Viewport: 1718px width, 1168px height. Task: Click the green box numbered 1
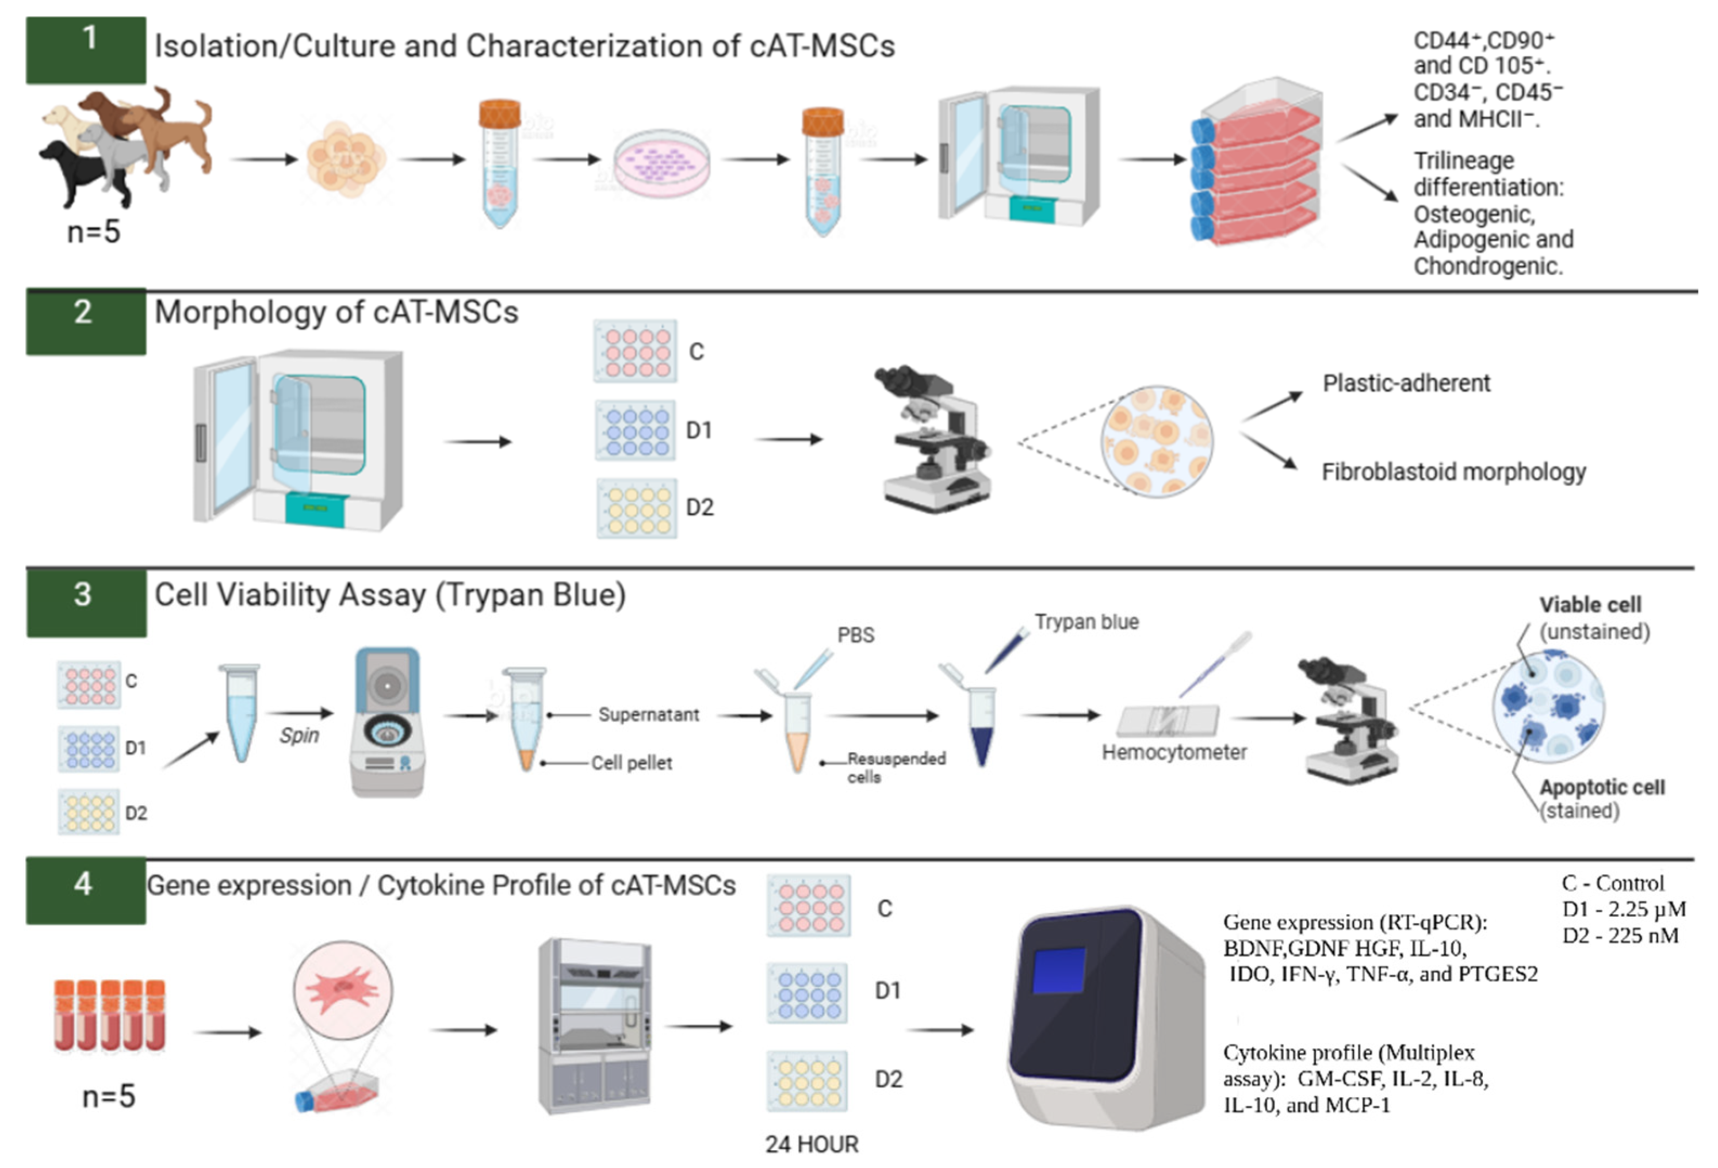(86, 49)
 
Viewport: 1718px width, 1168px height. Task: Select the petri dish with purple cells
(661, 164)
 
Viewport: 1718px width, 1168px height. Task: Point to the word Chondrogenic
(1487, 266)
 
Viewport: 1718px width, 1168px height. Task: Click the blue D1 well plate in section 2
(635, 430)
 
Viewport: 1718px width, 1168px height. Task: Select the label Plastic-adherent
(1406, 383)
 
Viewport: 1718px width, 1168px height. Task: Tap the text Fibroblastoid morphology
(1453, 472)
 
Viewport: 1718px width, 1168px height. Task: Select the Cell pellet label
(632, 763)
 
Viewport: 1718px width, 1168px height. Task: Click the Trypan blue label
(1086, 622)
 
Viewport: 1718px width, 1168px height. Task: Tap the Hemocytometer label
(1174, 753)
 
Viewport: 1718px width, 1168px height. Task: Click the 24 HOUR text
(812, 1144)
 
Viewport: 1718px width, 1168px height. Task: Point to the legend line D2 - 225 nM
(1620, 936)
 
